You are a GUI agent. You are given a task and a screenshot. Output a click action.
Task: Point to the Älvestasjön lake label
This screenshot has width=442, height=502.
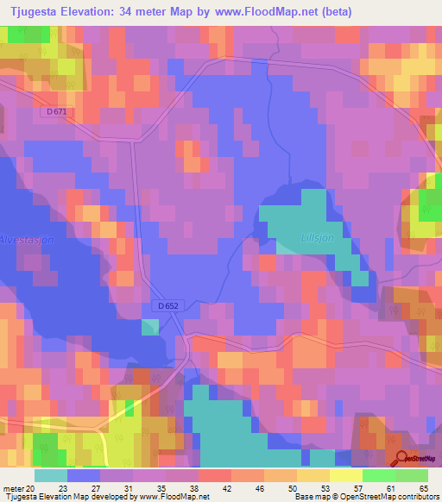tap(27, 241)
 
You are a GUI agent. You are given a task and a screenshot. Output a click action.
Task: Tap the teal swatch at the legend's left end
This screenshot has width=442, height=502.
tap(51, 474)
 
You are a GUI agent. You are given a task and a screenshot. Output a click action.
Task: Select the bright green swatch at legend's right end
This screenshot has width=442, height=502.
tap(411, 474)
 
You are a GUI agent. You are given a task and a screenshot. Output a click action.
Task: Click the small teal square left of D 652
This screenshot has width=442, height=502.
tap(150, 327)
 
